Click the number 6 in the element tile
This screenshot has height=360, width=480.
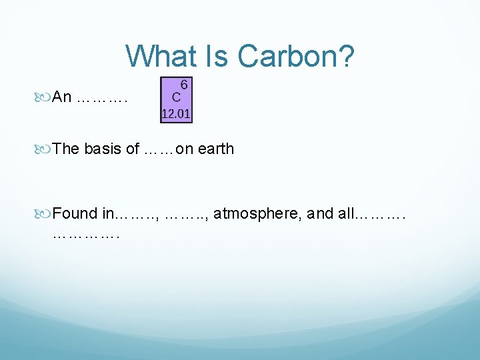coord(184,85)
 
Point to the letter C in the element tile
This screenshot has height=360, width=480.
coord(177,97)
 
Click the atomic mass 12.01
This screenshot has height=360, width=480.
coord(176,115)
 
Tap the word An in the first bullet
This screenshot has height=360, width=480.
coord(62,97)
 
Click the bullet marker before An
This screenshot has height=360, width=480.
coord(45,98)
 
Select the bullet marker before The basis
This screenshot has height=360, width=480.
coord(45,149)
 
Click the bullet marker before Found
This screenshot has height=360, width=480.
coord(45,214)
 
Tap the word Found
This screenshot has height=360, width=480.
coord(75,213)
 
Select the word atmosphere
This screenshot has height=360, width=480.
coord(252,213)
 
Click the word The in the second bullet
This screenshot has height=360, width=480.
coord(66,149)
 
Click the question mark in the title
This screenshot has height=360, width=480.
coord(345,57)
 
